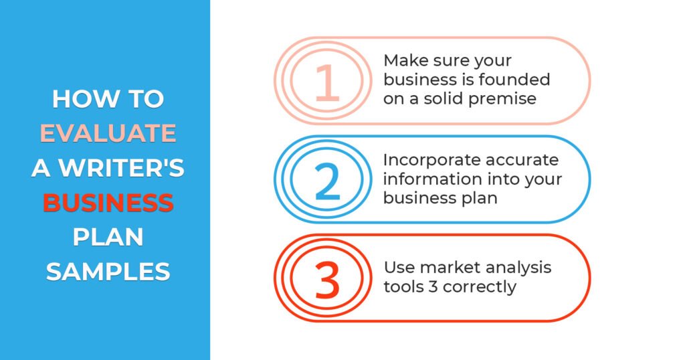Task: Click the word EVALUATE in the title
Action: coord(108,133)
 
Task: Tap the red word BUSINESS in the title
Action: coord(108,203)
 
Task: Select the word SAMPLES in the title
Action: coord(108,272)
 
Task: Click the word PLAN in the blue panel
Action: coord(108,238)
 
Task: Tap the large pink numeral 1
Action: coord(326,82)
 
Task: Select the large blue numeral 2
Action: coord(326,181)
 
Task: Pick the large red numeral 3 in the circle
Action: coord(326,280)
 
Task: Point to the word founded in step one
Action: coord(514,80)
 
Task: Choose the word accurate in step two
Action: coord(522,161)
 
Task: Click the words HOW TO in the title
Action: coord(108,99)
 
